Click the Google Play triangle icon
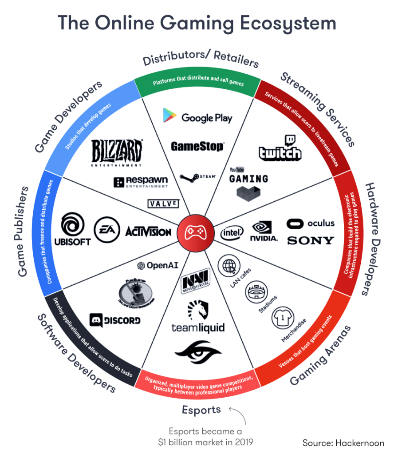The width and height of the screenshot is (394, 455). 169,116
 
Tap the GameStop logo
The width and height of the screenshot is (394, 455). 197,146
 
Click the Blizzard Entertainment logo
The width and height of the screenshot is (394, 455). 117,152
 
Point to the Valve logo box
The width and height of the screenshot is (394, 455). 163,204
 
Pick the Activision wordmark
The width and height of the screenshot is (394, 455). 148,231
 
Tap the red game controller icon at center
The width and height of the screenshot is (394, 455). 193,232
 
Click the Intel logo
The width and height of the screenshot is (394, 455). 232,232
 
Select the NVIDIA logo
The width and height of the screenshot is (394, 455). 265,231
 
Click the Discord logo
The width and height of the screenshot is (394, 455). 115,320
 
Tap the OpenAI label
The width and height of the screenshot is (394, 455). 158,265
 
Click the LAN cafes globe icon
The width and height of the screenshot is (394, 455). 229,267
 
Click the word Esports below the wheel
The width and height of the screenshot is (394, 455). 201,409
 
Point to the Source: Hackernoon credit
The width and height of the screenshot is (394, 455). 344,443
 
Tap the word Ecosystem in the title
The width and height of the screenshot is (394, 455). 284,23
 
